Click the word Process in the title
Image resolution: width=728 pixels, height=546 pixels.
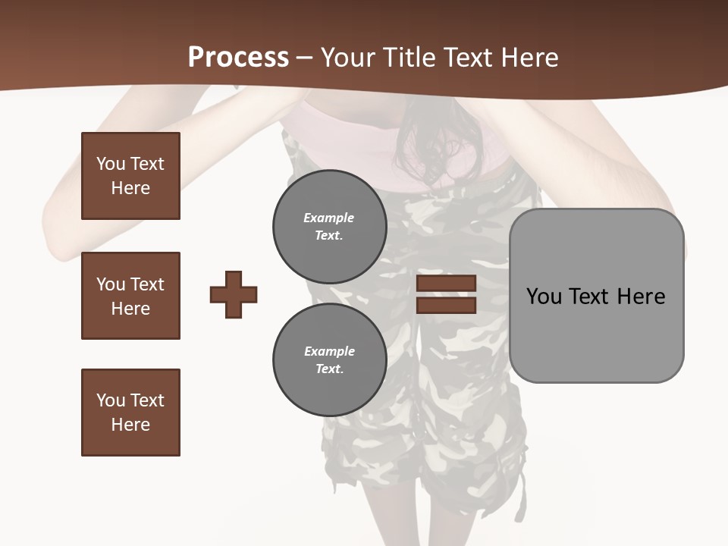click(x=238, y=58)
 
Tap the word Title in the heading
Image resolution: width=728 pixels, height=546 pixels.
click(x=407, y=58)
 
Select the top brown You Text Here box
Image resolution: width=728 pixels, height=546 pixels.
click(x=130, y=176)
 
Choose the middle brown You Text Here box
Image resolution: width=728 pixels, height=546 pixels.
click(x=130, y=296)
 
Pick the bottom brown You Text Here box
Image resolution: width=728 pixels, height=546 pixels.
click(x=130, y=413)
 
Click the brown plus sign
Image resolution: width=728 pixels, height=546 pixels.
click(x=234, y=294)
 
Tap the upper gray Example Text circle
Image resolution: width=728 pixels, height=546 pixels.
click(x=329, y=227)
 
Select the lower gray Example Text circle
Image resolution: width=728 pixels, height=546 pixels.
click(x=329, y=360)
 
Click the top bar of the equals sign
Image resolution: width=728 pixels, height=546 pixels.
click(x=446, y=284)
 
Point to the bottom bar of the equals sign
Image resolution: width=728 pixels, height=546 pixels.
click(x=446, y=306)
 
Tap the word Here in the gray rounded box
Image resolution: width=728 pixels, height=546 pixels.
click(x=641, y=297)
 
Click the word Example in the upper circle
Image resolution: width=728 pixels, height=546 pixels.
click(x=329, y=218)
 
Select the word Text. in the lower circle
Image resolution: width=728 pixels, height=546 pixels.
click(x=329, y=369)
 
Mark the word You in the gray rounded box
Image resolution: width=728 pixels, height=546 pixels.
click(x=544, y=297)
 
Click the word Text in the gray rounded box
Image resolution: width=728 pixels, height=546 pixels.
click(x=589, y=297)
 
